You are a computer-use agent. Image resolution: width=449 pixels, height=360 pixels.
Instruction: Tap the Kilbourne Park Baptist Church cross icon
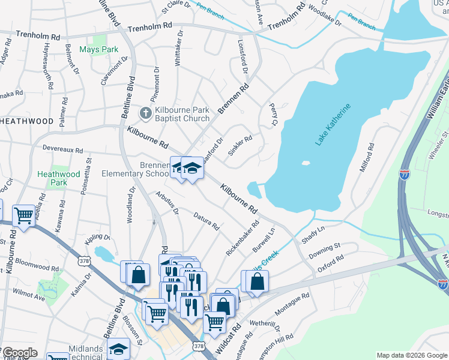click(x=145, y=113)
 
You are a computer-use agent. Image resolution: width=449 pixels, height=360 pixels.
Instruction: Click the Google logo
click(x=19, y=353)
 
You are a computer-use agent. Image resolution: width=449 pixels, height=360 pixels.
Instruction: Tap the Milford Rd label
click(x=366, y=157)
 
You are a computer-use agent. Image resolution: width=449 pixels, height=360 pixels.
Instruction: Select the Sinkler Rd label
click(x=240, y=146)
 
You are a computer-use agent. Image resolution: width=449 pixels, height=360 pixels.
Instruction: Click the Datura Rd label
click(x=206, y=220)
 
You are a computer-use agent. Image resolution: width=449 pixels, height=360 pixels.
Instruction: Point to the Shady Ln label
click(x=313, y=234)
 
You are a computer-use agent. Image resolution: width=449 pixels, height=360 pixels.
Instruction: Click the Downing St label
click(x=325, y=251)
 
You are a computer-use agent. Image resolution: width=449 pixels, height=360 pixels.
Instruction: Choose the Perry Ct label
click(x=273, y=114)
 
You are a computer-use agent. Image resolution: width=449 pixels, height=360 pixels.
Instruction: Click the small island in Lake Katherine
click(x=306, y=163)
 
